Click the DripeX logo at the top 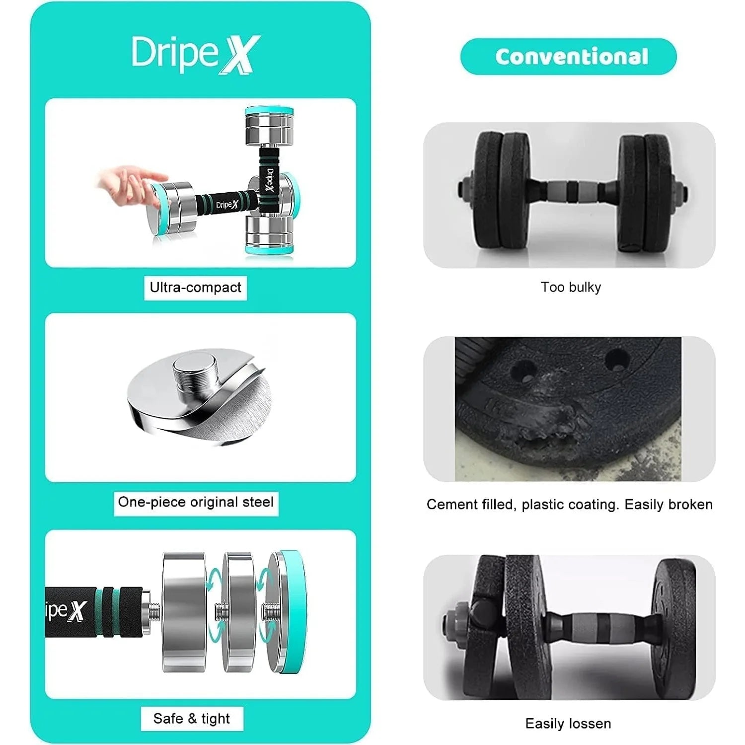[x=195, y=55]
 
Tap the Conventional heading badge [x=569, y=57]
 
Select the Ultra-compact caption [x=195, y=288]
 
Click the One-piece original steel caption [x=196, y=502]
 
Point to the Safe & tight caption [x=192, y=719]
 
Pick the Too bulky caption [x=571, y=287]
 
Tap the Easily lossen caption [x=568, y=724]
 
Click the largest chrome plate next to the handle [x=184, y=612]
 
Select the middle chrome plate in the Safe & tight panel [x=239, y=612]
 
